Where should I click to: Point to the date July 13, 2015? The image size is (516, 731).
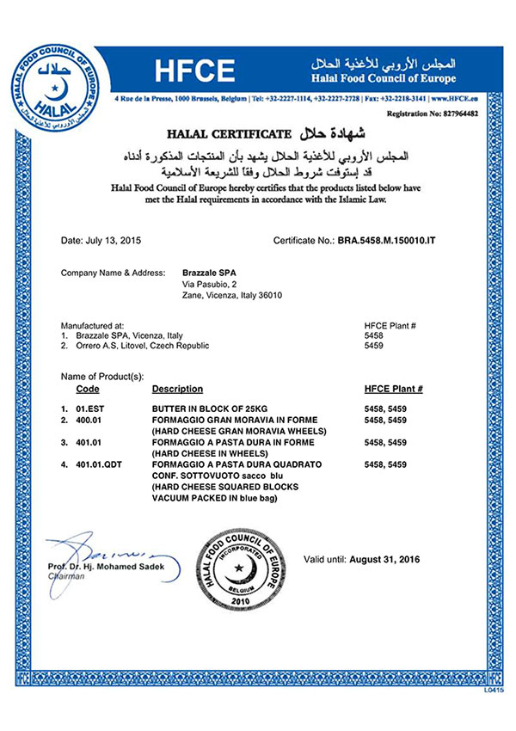(95, 242)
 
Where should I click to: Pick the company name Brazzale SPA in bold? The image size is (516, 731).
(208, 273)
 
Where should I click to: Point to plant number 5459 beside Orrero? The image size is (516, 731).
(375, 345)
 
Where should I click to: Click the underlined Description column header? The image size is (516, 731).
(177, 389)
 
